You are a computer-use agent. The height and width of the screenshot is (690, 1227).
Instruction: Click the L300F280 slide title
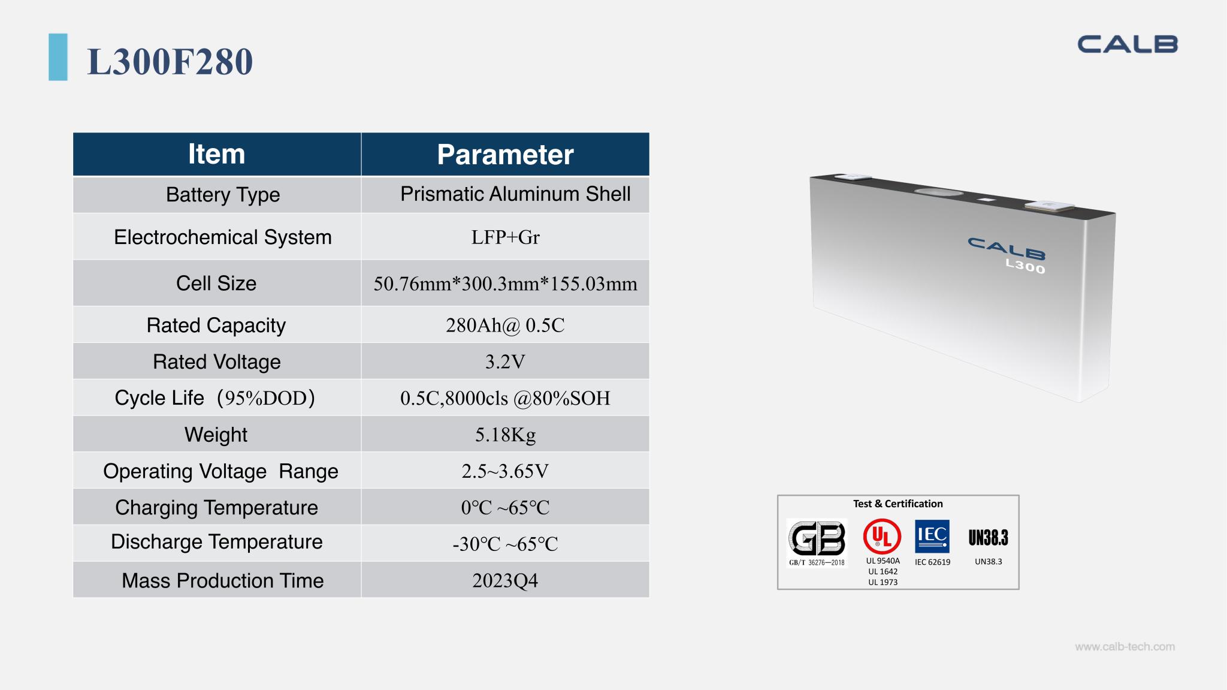tap(170, 61)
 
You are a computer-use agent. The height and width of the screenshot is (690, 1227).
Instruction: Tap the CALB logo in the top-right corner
tap(1128, 44)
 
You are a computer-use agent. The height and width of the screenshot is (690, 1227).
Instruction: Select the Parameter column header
tap(505, 155)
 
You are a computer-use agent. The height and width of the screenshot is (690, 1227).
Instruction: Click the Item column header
tap(216, 154)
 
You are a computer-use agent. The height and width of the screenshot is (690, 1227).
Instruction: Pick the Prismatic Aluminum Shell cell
tap(515, 194)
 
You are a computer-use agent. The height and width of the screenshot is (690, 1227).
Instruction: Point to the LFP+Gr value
tap(505, 237)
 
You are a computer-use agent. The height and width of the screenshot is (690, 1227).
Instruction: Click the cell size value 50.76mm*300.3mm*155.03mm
tap(505, 284)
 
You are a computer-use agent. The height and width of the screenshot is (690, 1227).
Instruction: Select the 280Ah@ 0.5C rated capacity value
tap(505, 325)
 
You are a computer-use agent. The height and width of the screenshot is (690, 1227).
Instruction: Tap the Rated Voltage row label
tap(216, 362)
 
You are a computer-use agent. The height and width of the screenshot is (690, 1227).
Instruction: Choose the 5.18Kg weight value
tap(505, 435)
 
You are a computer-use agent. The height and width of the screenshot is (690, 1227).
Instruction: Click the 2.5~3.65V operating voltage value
tap(505, 471)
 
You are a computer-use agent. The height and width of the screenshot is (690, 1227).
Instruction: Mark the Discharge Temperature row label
tap(216, 542)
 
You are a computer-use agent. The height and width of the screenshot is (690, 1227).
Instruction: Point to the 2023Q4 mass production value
tap(505, 581)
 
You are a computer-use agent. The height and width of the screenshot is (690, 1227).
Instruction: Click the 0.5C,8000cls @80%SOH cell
tap(505, 398)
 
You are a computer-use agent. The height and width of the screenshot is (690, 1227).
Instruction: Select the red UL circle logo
tap(882, 536)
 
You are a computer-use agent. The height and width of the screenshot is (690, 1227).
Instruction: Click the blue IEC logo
tap(932, 536)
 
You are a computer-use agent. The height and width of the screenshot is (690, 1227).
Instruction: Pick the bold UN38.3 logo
tap(988, 538)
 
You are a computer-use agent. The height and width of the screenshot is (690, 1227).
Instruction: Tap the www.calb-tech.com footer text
tap(1125, 647)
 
